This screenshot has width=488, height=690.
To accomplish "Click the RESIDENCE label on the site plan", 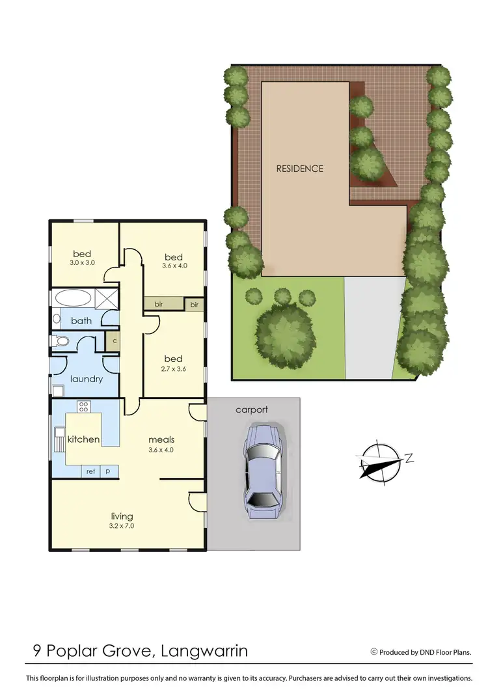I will [x=300, y=169].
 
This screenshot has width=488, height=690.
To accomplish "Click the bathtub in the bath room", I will [x=73, y=299].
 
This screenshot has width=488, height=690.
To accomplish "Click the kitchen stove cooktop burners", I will [x=83, y=406].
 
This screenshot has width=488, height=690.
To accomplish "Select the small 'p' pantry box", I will [x=107, y=471].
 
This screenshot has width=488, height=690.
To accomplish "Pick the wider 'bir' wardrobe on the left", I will [x=159, y=304].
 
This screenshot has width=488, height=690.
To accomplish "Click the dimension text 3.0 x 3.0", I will [x=83, y=263].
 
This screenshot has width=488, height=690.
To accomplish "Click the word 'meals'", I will [x=161, y=439].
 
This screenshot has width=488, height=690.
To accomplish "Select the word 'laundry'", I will [x=87, y=378].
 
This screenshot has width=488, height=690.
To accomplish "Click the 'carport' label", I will [x=252, y=409].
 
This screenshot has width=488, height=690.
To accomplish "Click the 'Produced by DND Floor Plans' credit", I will [x=421, y=652].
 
